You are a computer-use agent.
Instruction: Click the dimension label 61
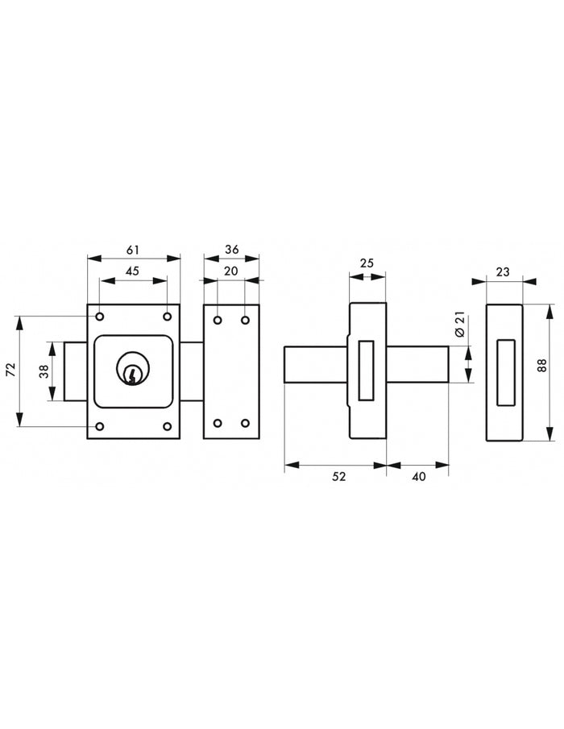tap(133, 251)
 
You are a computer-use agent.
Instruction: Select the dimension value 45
tap(132, 271)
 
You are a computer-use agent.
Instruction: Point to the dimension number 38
tap(44, 371)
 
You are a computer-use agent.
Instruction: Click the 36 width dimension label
tap(231, 250)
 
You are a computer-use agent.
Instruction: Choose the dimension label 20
tap(231, 271)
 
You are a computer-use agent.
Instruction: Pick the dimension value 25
tap(367, 263)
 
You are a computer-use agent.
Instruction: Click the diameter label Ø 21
tap(460, 325)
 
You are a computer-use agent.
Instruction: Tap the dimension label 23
tap(503, 271)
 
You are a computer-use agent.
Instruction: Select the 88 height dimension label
tap(541, 366)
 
